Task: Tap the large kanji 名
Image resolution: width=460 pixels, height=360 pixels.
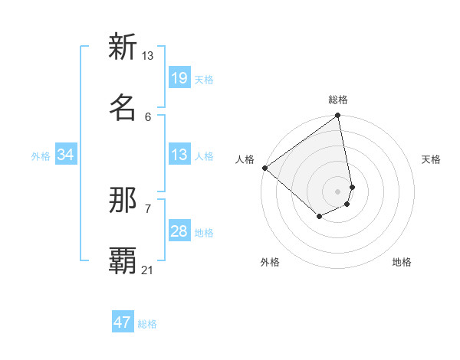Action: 123,106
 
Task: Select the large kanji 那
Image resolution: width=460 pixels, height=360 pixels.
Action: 123,200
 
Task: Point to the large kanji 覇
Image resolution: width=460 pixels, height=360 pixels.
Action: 123,260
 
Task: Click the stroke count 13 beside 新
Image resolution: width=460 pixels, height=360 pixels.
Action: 147,56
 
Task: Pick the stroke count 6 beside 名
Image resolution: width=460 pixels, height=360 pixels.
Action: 148,116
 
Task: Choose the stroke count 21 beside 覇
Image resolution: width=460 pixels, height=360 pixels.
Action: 147,270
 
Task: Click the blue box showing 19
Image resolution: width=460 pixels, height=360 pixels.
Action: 179,78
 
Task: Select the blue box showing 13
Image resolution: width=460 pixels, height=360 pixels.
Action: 179,155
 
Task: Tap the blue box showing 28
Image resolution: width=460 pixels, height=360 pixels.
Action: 179,231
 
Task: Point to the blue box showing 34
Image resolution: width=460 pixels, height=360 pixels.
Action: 65,155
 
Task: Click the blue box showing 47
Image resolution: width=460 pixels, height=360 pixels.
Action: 123,322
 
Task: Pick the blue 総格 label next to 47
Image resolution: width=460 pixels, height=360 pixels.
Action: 147,324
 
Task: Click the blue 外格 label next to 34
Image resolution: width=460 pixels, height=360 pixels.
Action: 41,156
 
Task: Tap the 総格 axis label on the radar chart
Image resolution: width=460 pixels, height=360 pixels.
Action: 338,100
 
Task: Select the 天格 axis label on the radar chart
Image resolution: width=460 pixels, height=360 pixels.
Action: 431,159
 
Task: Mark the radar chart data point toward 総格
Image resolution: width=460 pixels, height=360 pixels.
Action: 337,116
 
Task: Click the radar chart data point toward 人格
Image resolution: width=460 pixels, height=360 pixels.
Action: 264,168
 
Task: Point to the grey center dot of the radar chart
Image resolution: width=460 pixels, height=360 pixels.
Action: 337,191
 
